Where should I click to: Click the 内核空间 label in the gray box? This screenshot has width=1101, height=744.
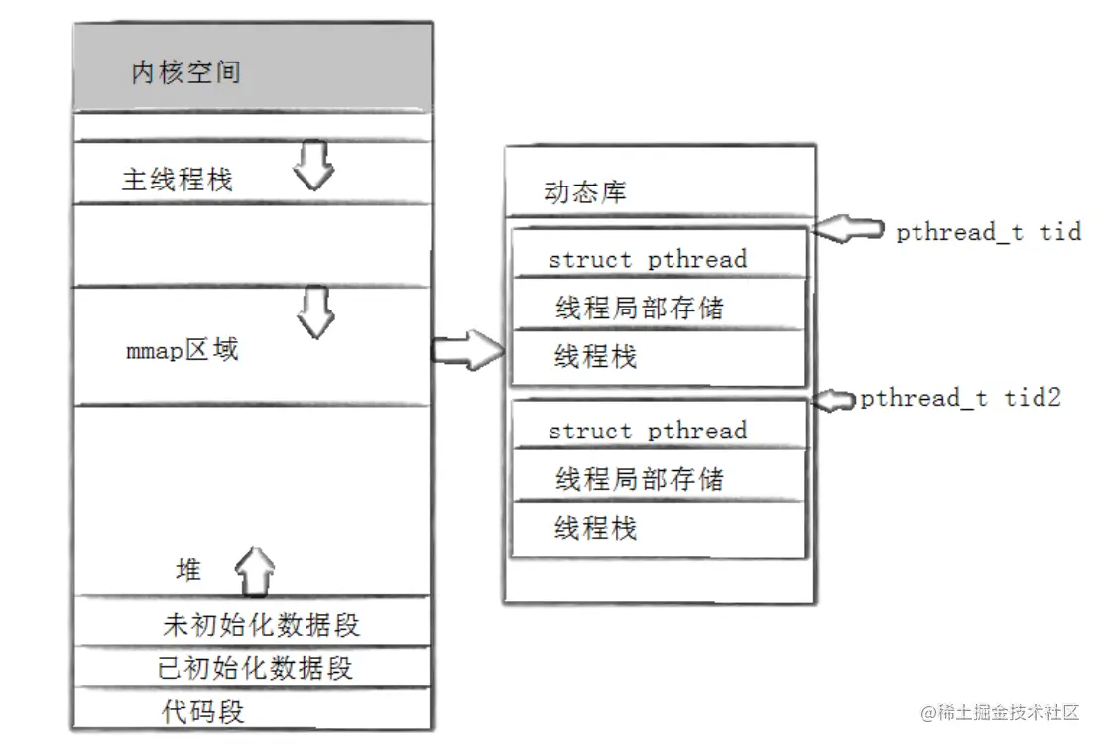point(185,73)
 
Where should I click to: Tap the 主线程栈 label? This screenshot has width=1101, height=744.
point(177,180)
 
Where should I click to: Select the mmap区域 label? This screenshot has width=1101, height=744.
point(183,350)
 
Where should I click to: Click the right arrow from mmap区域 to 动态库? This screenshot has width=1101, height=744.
point(468,350)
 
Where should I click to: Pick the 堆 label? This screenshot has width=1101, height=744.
point(187,570)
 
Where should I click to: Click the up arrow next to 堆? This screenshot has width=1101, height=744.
point(254,568)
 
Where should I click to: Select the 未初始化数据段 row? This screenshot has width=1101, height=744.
point(260,625)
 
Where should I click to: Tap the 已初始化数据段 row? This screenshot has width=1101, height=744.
point(255,667)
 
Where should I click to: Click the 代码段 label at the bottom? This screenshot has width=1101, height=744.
point(202,711)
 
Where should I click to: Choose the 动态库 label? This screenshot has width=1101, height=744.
point(585,192)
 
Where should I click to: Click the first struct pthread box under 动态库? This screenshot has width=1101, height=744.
point(648,259)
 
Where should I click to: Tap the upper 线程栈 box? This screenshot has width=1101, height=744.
point(595,357)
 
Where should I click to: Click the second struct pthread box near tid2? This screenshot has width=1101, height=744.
point(648,431)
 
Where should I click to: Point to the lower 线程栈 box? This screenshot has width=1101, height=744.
point(595,528)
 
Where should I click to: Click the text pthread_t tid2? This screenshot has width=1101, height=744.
point(960,398)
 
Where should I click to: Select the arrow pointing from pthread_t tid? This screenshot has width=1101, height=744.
point(849,230)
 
